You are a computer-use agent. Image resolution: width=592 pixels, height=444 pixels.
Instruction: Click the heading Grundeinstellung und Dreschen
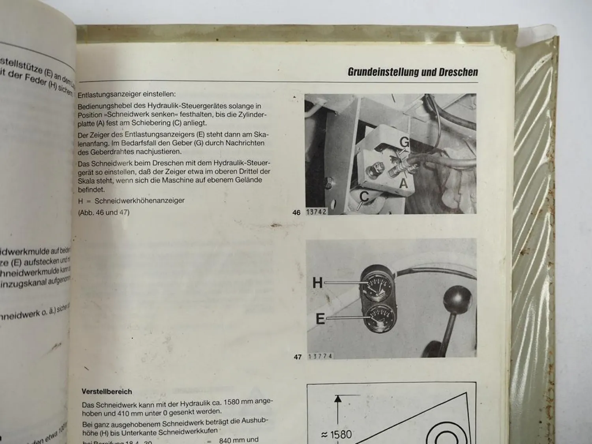coord(412,72)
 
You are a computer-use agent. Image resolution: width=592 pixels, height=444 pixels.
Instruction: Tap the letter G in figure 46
coord(405,142)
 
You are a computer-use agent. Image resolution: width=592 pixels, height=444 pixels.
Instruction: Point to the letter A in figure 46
coord(403,184)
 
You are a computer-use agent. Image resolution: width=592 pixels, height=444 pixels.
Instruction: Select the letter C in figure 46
coord(364,196)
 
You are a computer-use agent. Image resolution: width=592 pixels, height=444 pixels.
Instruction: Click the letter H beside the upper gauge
coord(317,283)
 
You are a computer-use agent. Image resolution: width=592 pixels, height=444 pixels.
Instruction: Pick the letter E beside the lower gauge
coord(320,318)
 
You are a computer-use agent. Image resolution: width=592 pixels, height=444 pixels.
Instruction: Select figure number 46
coord(296,213)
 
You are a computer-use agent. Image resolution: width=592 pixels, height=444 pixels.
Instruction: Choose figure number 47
coord(298,357)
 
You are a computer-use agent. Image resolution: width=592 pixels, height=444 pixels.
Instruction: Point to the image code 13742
coord(316,212)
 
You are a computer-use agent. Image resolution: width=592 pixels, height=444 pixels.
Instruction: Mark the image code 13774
coord(320,356)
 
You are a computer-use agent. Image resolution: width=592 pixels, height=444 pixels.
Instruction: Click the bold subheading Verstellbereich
coord(107,392)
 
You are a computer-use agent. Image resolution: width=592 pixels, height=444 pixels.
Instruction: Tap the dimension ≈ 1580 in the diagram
coord(336,435)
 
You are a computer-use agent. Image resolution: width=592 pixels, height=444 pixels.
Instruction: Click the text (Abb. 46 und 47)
coord(104,212)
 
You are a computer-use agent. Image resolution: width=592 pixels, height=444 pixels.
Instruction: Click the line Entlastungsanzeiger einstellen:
coord(127,95)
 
